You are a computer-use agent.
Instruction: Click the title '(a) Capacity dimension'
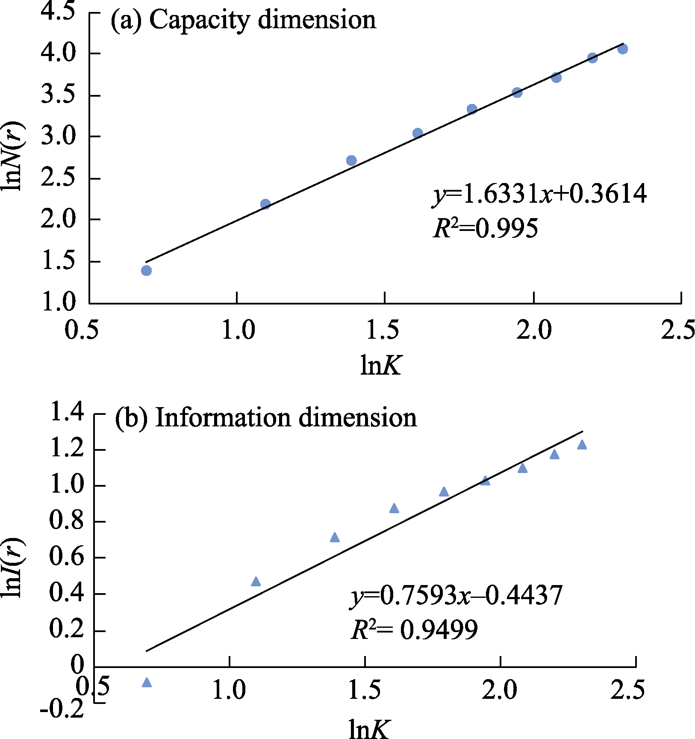(243, 20)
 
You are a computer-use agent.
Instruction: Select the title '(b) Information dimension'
(265, 417)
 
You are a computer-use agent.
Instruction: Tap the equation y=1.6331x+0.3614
(539, 195)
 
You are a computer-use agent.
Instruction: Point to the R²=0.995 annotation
(485, 228)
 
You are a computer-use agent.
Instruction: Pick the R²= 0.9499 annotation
(414, 629)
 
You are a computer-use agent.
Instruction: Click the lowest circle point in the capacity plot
(146, 270)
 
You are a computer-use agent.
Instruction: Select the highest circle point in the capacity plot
(622, 49)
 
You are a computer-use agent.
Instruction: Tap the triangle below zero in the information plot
(147, 682)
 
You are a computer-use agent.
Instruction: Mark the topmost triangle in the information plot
(582, 445)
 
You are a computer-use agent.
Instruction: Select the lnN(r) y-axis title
(14, 156)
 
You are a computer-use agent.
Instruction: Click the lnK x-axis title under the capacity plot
(381, 366)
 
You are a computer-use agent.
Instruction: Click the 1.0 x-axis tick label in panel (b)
(229, 690)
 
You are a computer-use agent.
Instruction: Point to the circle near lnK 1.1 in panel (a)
(265, 204)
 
